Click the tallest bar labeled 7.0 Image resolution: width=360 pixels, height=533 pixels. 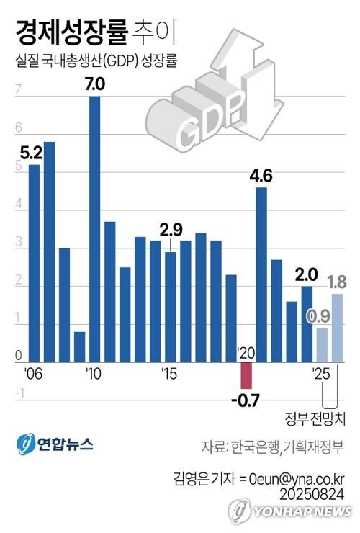[x=95, y=229]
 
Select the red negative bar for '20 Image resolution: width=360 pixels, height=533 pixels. [x=246, y=375]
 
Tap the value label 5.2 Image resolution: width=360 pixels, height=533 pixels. [x=31, y=153]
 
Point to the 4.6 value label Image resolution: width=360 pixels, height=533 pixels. [x=261, y=176]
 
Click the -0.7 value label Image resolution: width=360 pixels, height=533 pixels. [x=246, y=400]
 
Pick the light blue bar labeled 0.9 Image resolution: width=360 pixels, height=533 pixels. [x=323, y=345]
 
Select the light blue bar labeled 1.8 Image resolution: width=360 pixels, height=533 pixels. [x=337, y=328]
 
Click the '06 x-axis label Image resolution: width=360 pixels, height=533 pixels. [x=33, y=374]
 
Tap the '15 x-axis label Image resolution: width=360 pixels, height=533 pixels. [x=169, y=374]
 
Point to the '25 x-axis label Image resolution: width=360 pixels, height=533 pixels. [x=321, y=374]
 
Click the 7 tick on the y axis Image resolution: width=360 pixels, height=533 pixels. [x=18, y=89]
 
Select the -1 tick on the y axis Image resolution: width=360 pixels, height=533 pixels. [x=20, y=394]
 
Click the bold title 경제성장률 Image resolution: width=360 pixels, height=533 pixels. [x=72, y=32]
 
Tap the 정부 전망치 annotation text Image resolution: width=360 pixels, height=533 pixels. [x=315, y=418]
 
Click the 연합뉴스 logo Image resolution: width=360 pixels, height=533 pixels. [x=55, y=444]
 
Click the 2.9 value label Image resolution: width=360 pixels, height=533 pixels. [x=171, y=230]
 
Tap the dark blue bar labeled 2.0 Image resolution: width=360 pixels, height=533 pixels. [x=307, y=324]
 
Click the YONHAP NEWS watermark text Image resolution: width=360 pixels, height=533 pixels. [x=302, y=511]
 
